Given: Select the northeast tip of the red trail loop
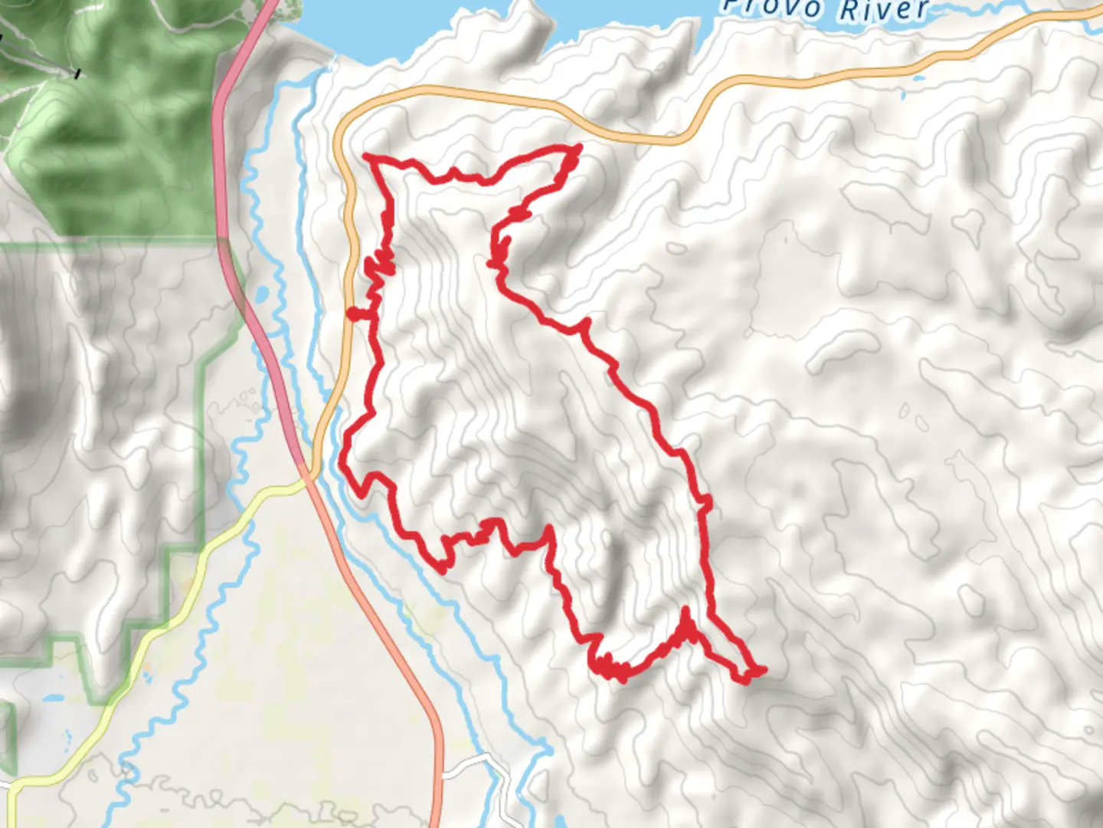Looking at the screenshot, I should click(x=577, y=146).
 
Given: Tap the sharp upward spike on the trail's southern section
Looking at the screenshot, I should click(x=685, y=613).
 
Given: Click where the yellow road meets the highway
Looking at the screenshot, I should click(x=306, y=480).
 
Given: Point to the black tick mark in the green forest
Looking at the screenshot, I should click(x=77, y=74).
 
